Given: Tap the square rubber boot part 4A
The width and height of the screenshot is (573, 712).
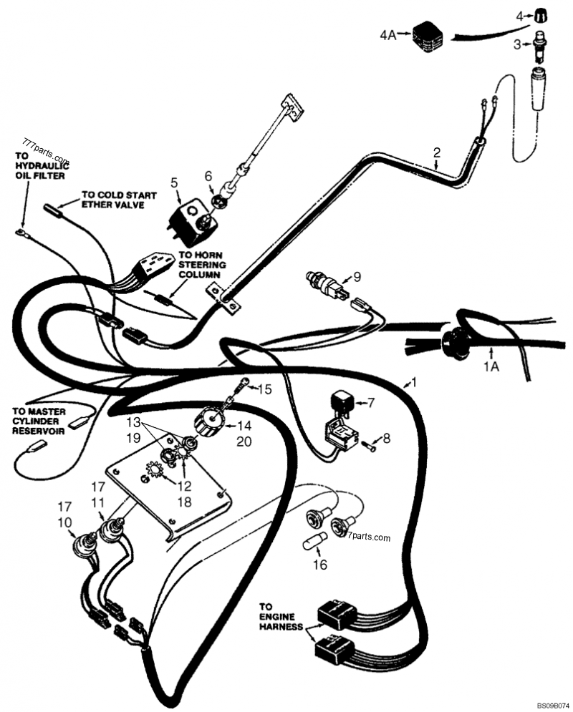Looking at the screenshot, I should pos(428,37).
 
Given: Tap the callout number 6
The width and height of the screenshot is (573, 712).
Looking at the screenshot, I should pos(208,175).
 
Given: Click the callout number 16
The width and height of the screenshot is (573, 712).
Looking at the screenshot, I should pos(320,565).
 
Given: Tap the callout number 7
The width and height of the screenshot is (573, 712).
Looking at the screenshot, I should pos(370,403).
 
